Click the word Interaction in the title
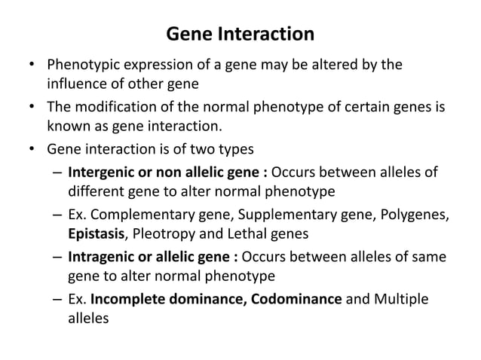coord(266,35)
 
